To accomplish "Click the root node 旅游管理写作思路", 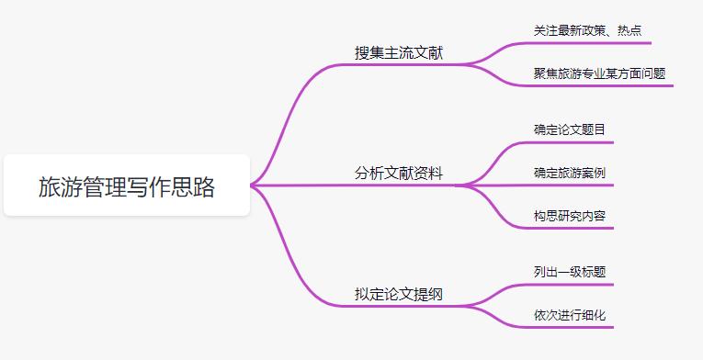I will tap(127, 186).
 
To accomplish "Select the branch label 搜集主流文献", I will tap(399, 52).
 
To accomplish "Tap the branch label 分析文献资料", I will tap(399, 173).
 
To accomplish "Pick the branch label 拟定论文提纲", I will tap(399, 294).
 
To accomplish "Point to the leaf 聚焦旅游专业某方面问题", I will tap(599, 73).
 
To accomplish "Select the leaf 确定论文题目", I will tap(570, 129).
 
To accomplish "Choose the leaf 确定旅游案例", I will tap(570, 173).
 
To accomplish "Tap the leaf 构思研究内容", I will tap(570, 216).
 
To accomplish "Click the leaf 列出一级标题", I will tap(570, 272).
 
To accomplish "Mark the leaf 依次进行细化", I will tap(570, 315).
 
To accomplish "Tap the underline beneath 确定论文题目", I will tap(570, 143).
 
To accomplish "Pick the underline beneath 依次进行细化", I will tap(570, 328).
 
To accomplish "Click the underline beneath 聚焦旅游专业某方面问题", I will tap(599, 86).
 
